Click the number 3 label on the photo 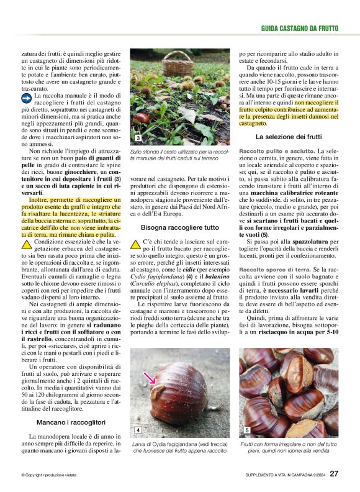138,137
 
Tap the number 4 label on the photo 138,430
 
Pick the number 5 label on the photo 247,430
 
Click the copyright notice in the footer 49,475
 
